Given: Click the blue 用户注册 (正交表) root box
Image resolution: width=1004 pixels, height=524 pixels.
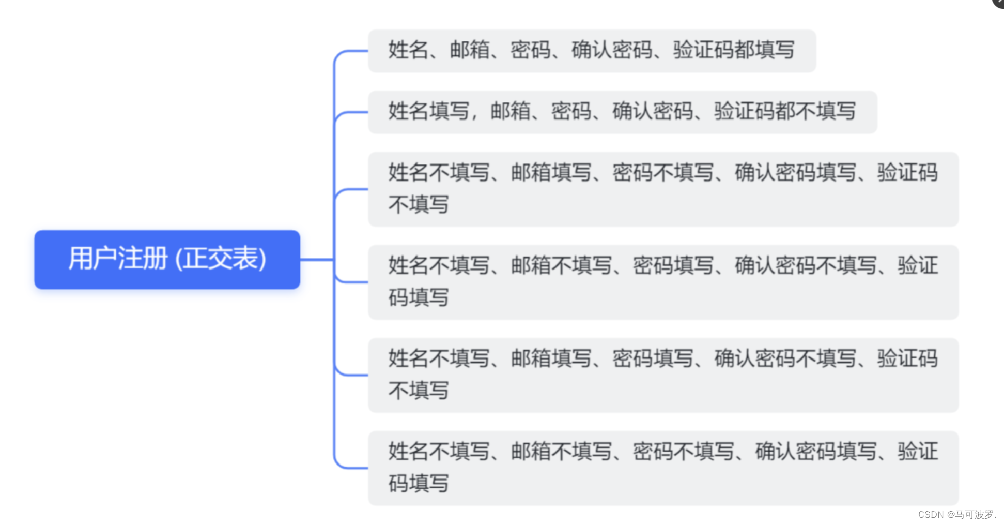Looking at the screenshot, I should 167,259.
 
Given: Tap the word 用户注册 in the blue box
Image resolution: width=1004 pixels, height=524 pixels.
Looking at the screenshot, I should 118,259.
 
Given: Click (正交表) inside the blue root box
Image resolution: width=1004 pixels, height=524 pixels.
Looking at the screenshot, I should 221,259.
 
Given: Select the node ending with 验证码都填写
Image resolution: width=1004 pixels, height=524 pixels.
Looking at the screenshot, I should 592,51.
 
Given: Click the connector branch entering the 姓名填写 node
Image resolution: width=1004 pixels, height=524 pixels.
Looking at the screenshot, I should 351,112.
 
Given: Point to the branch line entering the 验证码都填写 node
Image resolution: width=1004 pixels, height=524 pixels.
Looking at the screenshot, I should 351,51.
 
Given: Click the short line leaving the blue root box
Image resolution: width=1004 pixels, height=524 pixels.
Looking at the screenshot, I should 316,259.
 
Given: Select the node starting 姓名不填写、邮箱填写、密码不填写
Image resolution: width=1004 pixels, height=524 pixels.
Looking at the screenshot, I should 663,189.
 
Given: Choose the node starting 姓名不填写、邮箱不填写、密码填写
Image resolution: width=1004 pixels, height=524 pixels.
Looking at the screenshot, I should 663,282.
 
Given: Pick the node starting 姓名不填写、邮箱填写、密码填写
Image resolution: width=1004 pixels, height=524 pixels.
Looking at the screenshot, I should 663,375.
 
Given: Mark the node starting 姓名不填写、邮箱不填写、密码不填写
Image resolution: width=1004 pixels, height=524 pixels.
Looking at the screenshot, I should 663,468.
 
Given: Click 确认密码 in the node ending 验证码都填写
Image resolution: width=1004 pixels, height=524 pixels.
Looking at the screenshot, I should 612,50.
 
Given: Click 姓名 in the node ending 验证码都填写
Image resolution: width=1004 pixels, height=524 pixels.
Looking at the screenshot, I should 408,50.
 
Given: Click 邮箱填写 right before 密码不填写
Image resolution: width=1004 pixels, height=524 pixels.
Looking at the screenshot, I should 551,173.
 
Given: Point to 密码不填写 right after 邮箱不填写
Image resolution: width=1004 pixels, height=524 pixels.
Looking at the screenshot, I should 684,452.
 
